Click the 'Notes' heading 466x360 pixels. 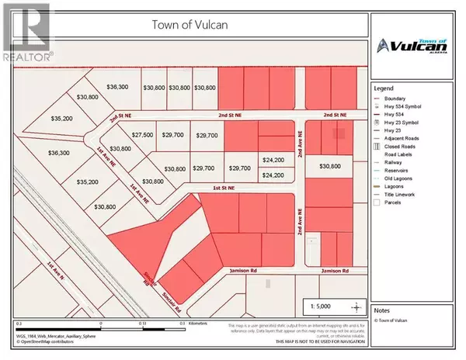pos(383,309)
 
